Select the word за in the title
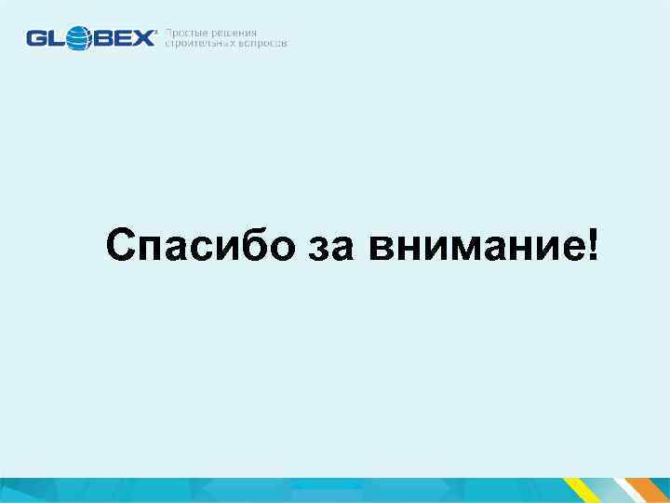(329, 249)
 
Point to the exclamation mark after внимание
(593, 245)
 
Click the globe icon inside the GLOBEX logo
(77, 38)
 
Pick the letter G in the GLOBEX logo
(36, 38)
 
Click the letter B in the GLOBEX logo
(100, 38)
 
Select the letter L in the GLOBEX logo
(55, 38)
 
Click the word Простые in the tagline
(188, 33)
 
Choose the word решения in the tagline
(234, 33)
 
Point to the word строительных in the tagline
(202, 44)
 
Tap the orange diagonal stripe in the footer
(650, 491)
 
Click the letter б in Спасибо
(247, 246)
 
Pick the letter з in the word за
(317, 251)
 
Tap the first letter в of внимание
(379, 251)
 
